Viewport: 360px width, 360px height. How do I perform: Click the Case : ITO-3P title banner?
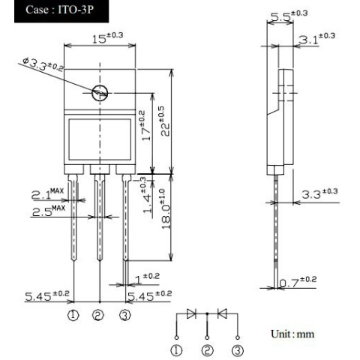61,11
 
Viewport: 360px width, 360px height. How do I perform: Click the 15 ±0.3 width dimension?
108,38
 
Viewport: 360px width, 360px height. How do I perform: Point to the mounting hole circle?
100,93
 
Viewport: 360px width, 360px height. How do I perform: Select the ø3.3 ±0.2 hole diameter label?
43,64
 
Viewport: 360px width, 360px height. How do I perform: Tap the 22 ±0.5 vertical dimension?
165,121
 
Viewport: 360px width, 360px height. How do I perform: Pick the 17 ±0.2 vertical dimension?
145,125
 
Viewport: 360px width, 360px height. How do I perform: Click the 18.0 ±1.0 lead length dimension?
166,209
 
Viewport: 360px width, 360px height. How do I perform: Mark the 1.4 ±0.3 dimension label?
147,195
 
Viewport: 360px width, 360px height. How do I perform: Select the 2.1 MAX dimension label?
47,193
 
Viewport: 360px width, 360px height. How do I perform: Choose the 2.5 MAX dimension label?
49,211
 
